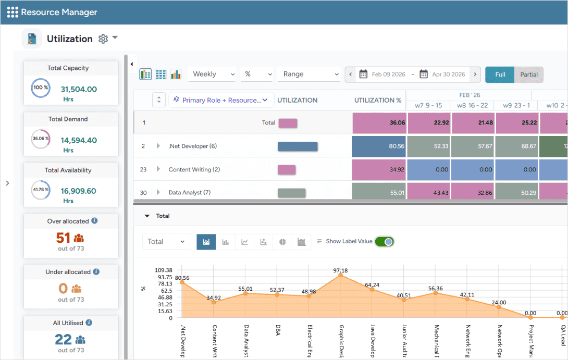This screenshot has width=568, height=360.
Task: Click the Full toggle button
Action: point(500,75)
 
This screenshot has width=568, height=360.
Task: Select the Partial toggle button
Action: point(529,75)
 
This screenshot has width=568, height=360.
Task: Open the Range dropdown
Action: point(308,75)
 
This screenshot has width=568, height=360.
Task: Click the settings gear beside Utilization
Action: point(103,39)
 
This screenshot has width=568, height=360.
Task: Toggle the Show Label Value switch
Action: point(385,241)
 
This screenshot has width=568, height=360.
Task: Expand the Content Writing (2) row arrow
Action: point(158,169)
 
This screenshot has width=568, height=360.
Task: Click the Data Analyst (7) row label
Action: point(190,193)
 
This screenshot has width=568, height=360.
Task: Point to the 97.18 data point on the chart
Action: point(340,276)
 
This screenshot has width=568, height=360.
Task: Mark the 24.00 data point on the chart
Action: point(499,307)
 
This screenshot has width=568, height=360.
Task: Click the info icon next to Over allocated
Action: point(94,221)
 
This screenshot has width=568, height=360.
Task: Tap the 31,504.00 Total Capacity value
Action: point(79,89)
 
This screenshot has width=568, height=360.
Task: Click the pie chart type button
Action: point(282,242)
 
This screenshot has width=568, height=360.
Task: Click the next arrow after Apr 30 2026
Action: point(475,75)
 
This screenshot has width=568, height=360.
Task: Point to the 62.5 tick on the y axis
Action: point(167,291)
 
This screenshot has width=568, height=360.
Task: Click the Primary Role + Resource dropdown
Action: point(221,100)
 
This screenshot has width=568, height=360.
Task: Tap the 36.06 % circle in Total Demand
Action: point(41,139)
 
